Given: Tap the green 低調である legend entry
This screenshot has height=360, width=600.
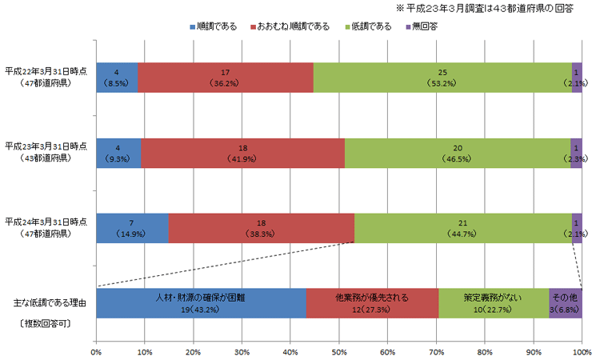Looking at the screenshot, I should point(370,27).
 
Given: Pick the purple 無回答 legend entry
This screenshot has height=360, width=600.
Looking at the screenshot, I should point(424,27).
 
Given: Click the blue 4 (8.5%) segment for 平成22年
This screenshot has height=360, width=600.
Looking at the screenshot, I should point(117,77).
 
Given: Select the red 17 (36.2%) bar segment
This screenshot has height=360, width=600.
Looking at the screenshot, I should point(226,77).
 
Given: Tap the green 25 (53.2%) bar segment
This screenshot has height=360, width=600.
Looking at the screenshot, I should point(442,77).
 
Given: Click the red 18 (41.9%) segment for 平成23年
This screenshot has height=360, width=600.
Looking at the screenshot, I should point(242,153).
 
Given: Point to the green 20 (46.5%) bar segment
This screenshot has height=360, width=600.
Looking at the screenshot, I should point(458,153).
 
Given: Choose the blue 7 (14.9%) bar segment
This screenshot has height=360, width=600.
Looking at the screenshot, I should point(132,228).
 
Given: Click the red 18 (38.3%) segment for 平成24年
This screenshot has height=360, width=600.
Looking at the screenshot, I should point(262,228).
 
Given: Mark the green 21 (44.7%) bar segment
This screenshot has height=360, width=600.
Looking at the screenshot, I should point(463,228).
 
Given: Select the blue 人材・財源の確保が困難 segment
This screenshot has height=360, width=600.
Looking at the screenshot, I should point(201,303).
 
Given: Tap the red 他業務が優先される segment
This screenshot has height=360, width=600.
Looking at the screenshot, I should point(372,303).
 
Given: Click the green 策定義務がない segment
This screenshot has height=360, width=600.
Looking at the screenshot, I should point(494,303).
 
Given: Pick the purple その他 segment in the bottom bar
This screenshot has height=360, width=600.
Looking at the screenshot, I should point(566,303).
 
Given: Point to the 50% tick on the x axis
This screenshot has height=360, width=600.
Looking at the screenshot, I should point(338,350).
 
